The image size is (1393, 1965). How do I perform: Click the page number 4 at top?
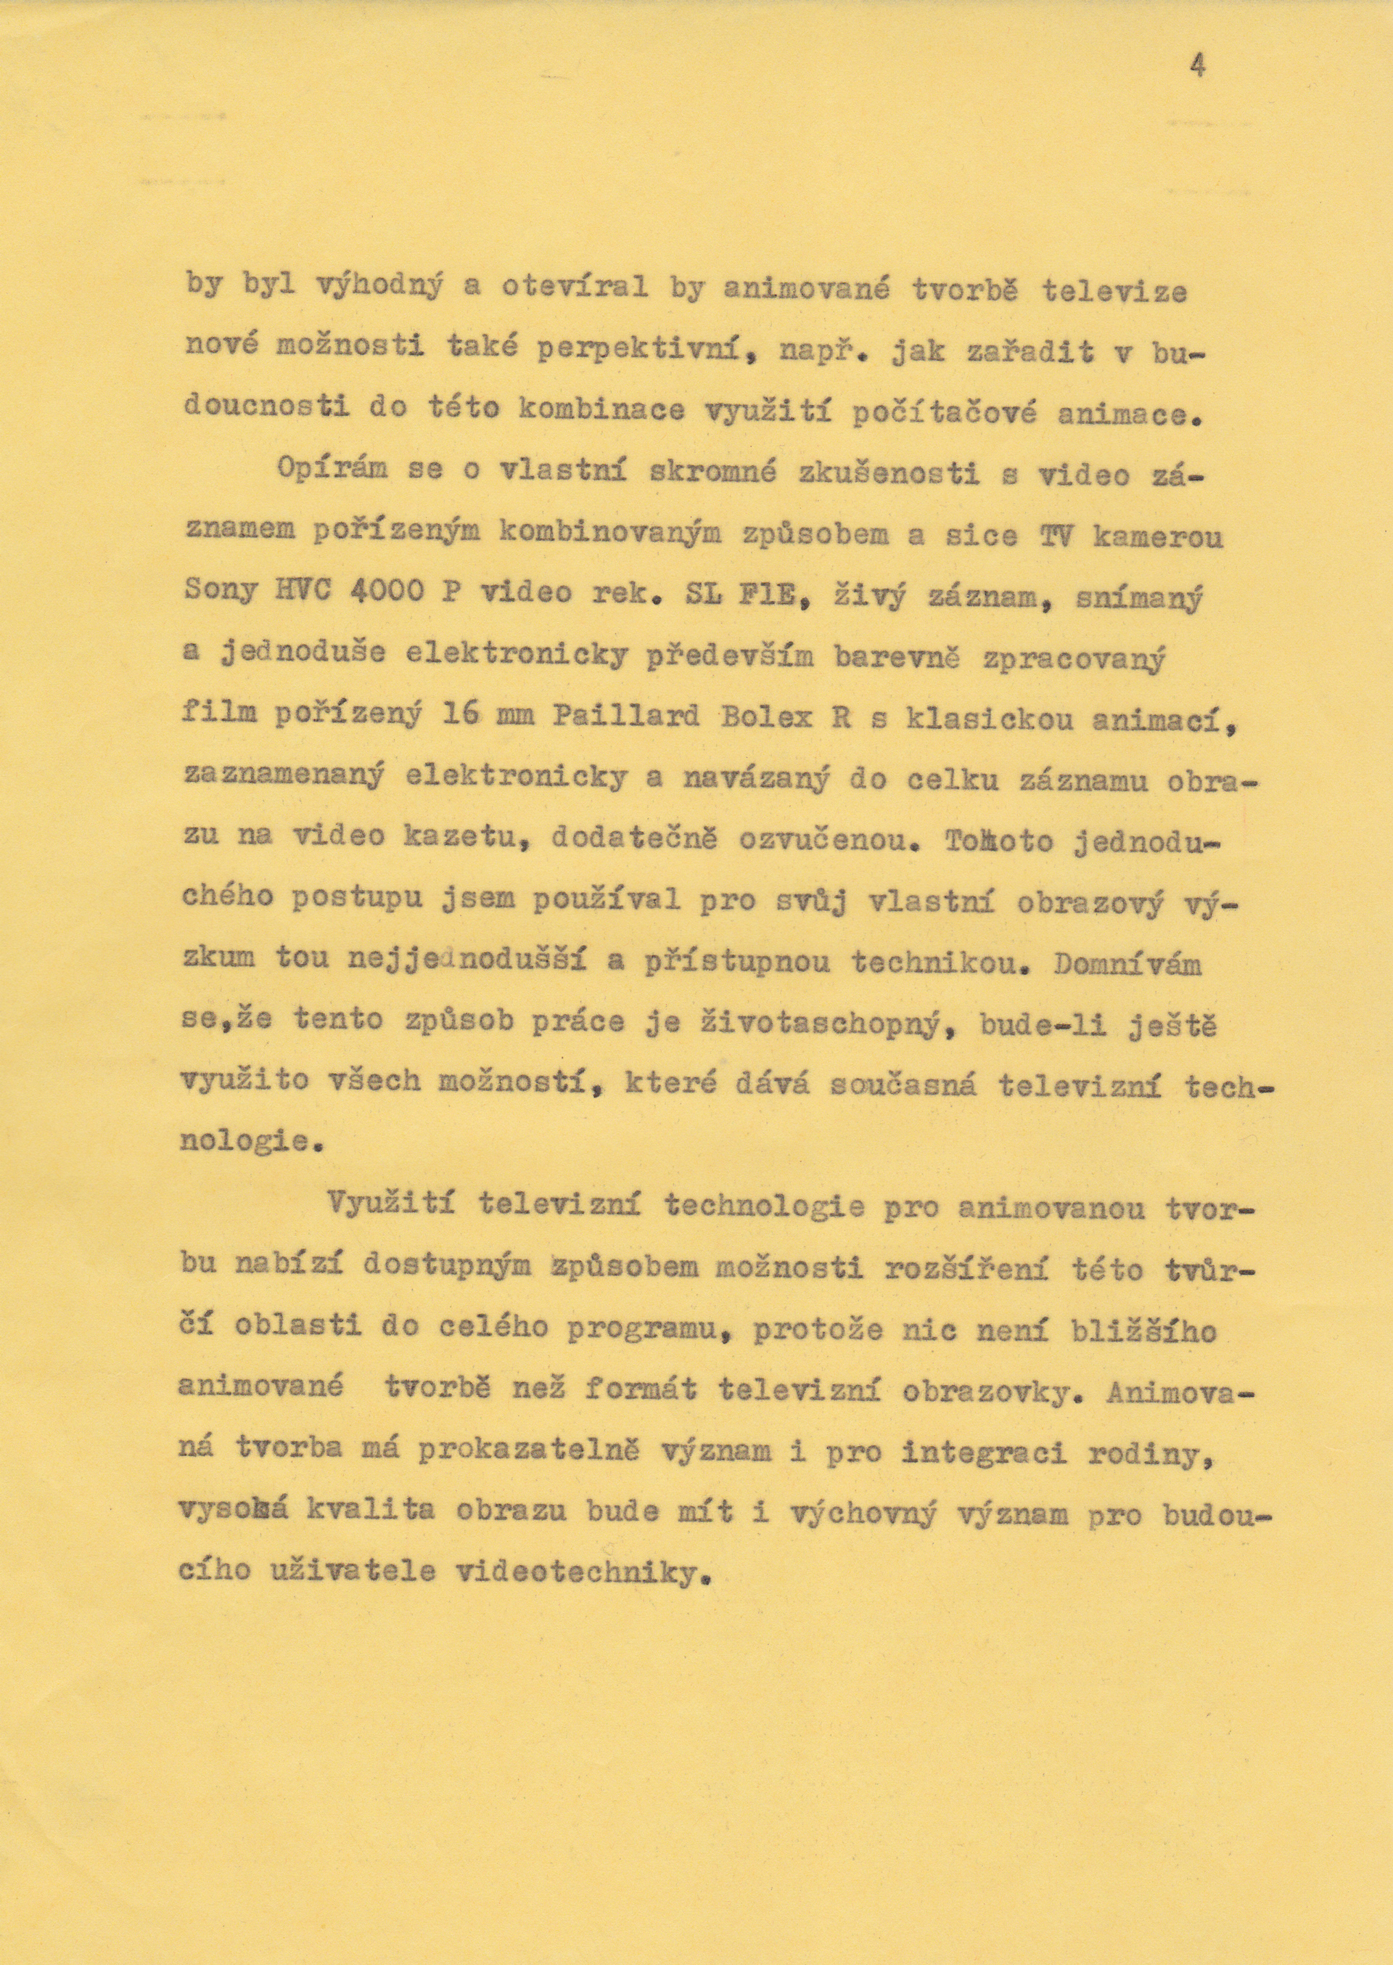pos(1197,66)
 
